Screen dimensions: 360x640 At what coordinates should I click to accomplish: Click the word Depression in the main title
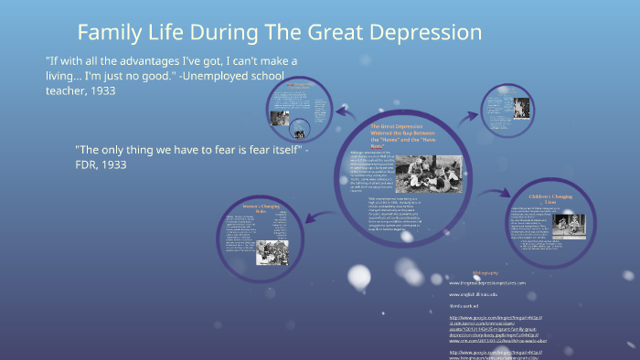coord(421,33)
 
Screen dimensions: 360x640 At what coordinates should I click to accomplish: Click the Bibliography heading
coord(486,272)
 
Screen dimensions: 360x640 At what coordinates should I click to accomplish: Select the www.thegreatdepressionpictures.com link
coord(486,283)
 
